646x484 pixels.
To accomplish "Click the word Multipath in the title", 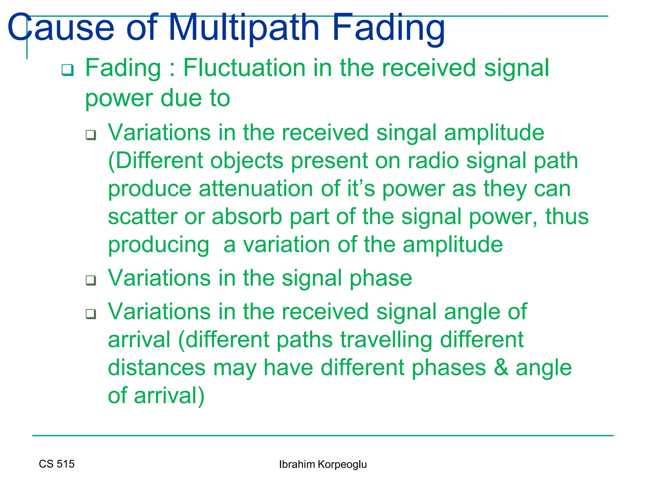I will (244, 28).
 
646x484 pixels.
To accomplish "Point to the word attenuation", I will (256, 189).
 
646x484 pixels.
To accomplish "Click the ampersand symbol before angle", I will (501, 367).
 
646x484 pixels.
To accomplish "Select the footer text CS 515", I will (56, 464).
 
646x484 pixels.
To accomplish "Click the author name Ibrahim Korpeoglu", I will (323, 464).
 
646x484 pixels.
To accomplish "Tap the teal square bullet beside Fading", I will (68, 70).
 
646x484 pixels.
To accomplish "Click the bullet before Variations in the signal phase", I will (91, 280).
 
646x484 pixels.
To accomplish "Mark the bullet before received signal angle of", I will (91, 314).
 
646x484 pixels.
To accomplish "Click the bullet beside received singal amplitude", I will (91, 135).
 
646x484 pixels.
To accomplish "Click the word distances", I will (157, 367).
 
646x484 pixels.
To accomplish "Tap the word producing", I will (158, 245).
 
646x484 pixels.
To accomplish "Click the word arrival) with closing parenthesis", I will (169, 396).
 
